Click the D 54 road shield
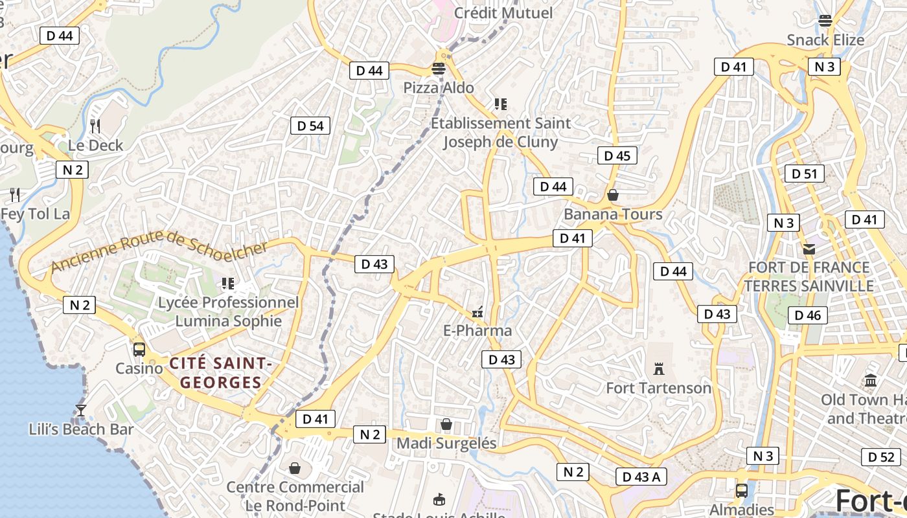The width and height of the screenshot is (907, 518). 310,126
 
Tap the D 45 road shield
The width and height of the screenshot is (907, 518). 617,155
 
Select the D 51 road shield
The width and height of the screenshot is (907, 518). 805,174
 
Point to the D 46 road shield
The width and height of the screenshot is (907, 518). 807,315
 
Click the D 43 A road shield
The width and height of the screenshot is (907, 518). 641,477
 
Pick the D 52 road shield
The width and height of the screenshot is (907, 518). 881,457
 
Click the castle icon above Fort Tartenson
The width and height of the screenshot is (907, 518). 659,369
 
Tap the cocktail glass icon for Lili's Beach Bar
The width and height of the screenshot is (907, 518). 81,410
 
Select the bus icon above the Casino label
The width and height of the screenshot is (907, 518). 139,350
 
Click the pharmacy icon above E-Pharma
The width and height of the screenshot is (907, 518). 477,312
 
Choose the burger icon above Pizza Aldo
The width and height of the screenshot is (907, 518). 439,69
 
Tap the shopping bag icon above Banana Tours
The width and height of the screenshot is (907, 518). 613,195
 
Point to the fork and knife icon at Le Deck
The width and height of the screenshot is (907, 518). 95,126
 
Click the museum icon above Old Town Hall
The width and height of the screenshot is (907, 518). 871,381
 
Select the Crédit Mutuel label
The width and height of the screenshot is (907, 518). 503,13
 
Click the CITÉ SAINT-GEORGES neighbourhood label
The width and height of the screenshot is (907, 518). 220,373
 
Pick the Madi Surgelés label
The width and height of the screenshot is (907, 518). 446,444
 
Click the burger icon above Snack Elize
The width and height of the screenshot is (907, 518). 825,21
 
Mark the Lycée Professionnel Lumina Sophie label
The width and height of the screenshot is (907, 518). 229,311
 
